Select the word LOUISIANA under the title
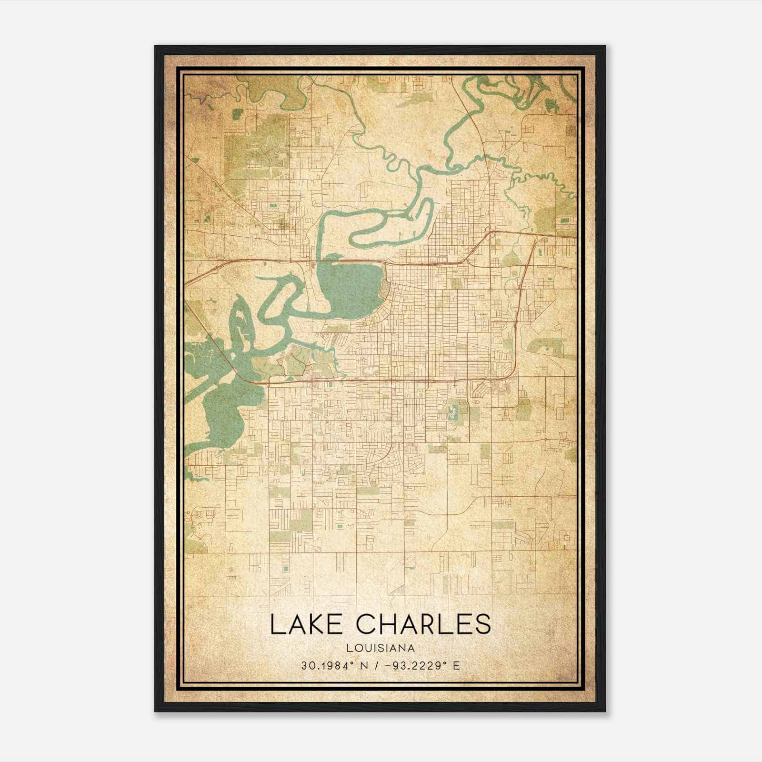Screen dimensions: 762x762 pos(381,648)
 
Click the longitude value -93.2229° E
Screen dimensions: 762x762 pos(420,665)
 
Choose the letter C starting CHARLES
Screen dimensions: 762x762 pos(370,624)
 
